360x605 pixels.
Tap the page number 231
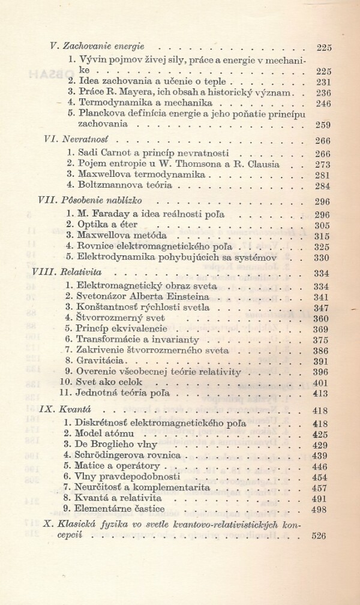[x=323, y=82]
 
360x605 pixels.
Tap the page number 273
[x=323, y=163]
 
